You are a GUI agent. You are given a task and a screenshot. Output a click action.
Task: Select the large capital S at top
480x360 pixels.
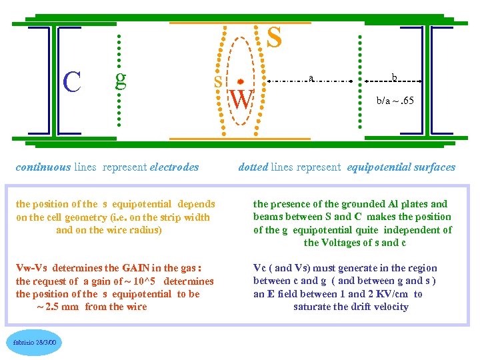(273, 38)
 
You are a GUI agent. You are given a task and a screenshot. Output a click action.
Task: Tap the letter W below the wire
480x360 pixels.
(241, 101)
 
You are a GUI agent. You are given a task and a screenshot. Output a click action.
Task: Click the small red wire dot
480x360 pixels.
(240, 80)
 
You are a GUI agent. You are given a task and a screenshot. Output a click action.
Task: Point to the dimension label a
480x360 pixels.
(311, 78)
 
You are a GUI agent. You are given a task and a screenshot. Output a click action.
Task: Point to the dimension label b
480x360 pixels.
(394, 78)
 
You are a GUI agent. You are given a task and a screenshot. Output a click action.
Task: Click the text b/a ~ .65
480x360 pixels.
(395, 101)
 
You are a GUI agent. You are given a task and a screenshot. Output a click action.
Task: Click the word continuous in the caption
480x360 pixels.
(43, 167)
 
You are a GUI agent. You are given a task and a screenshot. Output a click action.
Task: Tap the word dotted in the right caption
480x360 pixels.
(253, 167)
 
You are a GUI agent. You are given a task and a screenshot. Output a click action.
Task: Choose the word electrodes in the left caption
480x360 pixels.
(175, 167)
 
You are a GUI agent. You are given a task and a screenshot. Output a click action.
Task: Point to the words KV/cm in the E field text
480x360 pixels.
(395, 294)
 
